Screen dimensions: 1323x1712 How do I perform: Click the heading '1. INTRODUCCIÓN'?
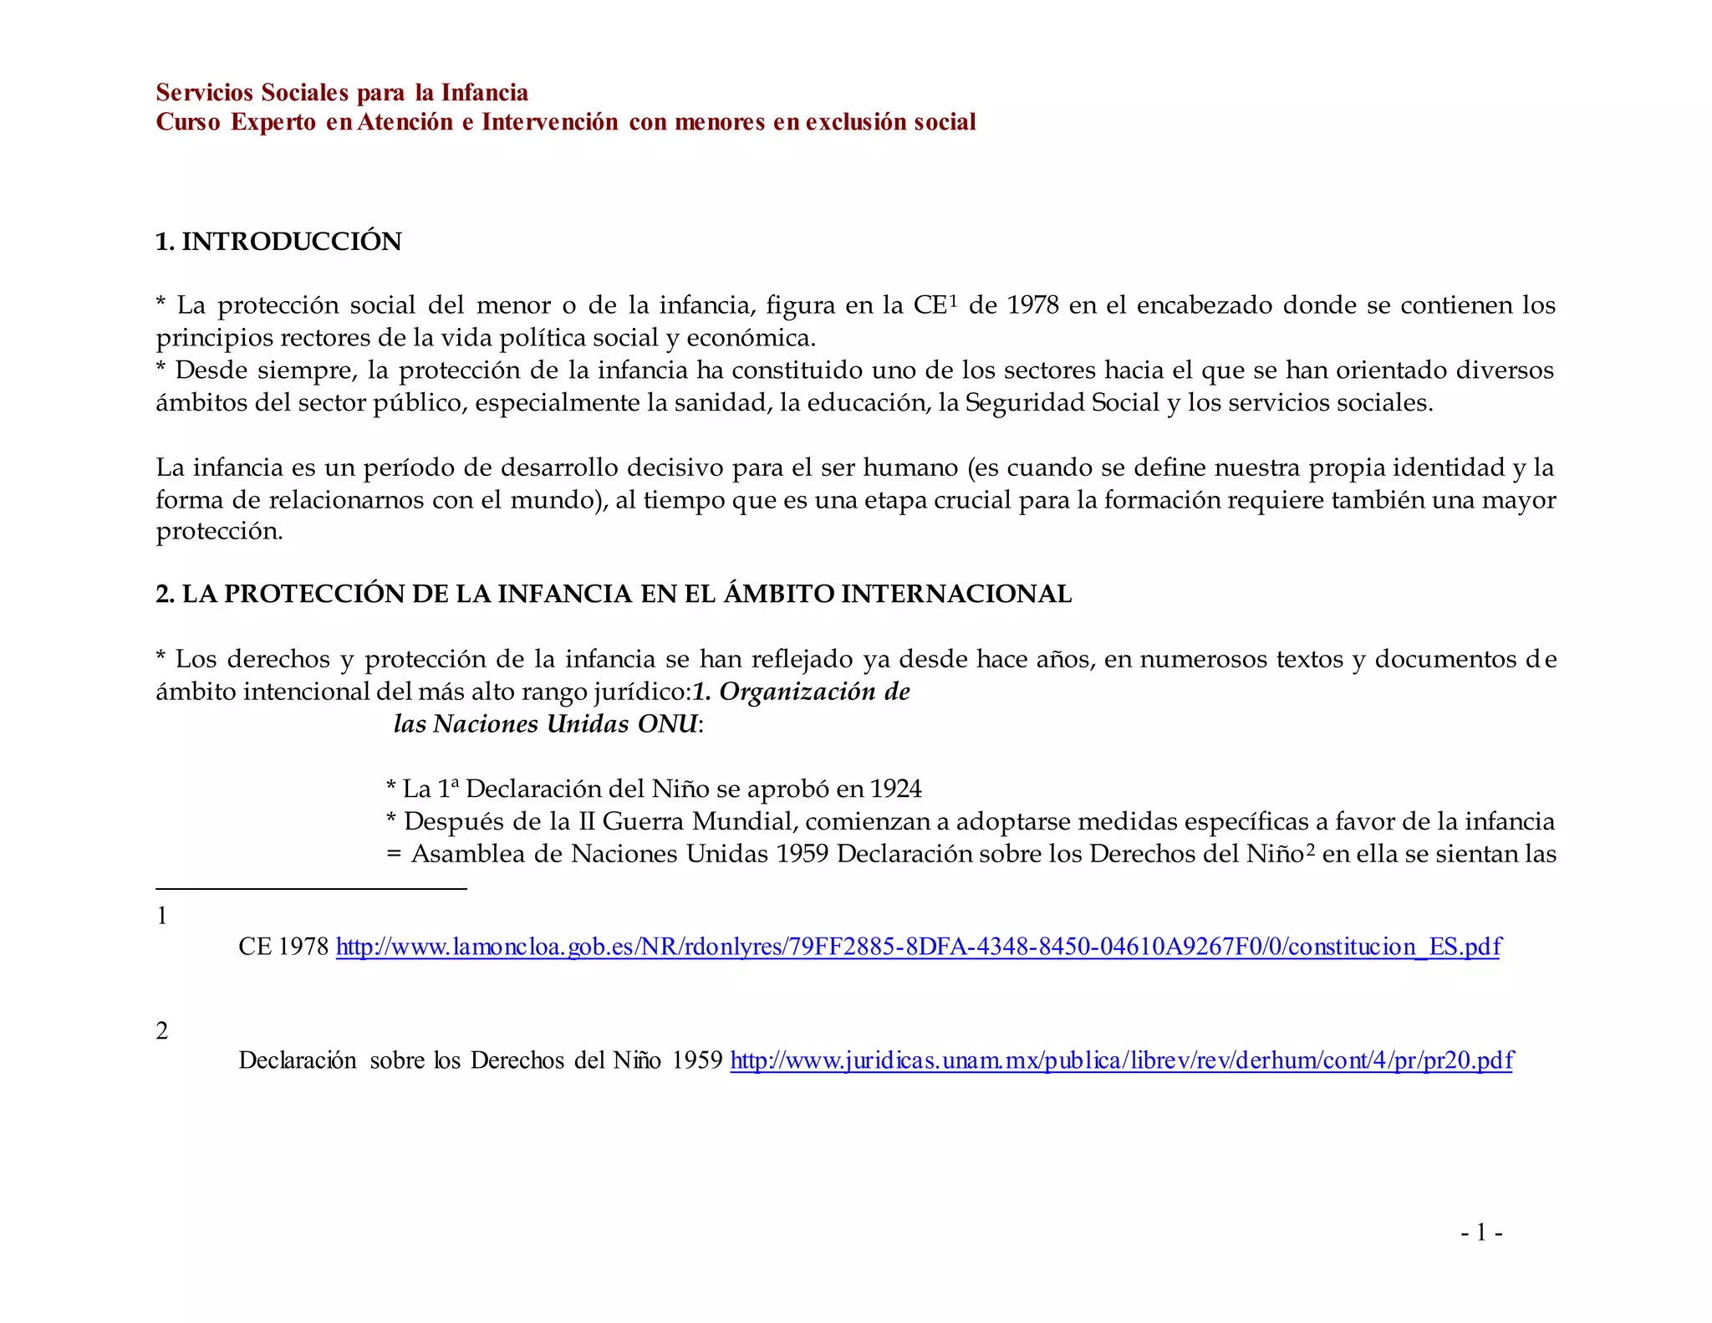click(278, 241)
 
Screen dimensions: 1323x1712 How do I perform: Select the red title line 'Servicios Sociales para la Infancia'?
click(342, 92)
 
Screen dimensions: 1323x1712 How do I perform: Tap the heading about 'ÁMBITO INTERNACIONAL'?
click(614, 594)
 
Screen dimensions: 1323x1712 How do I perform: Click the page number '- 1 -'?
click(1481, 1232)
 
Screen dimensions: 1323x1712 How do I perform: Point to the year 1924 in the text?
click(895, 789)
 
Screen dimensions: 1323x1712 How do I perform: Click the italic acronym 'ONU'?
click(667, 723)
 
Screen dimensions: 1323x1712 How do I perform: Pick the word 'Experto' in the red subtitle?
click(273, 122)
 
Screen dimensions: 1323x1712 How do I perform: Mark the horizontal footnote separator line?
click(311, 888)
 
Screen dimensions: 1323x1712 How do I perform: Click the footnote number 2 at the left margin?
click(162, 1030)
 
